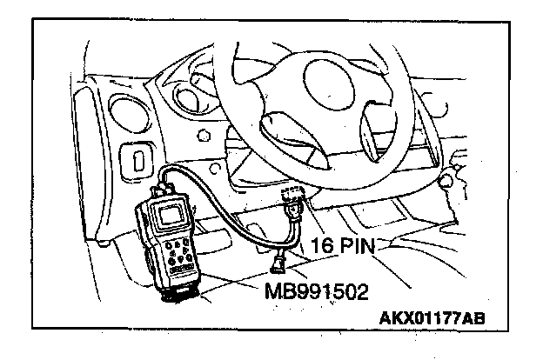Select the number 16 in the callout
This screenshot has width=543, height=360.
(x=320, y=249)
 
